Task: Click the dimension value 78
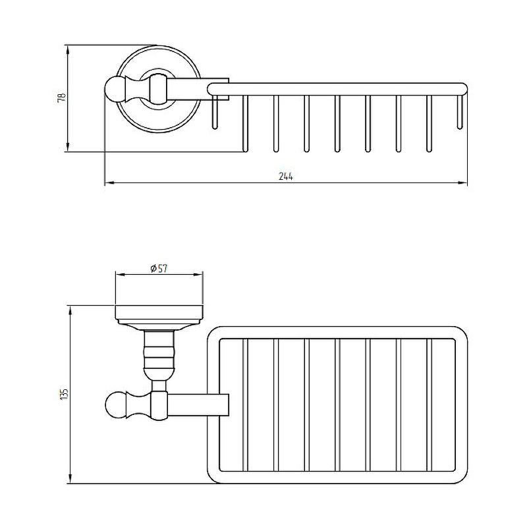tap(62, 97)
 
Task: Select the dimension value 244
tap(286, 176)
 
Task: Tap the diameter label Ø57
tap(159, 268)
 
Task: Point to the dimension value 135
tap(64, 394)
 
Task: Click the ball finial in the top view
tap(115, 90)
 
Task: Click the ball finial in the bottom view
tap(116, 404)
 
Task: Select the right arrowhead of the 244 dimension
tap(463, 183)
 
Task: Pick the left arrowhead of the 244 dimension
tap(109, 183)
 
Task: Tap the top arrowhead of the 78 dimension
tap(68, 50)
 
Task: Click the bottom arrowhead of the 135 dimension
tap(70, 479)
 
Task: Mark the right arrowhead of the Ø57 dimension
tap(199, 275)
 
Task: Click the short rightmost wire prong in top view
tap(460, 112)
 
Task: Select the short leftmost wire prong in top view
tap(215, 112)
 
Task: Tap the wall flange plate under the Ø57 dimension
tap(159, 315)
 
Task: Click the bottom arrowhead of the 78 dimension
tap(68, 147)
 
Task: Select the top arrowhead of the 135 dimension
tap(70, 310)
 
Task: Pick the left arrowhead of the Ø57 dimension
tap(120, 275)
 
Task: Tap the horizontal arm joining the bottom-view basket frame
tap(198, 404)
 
